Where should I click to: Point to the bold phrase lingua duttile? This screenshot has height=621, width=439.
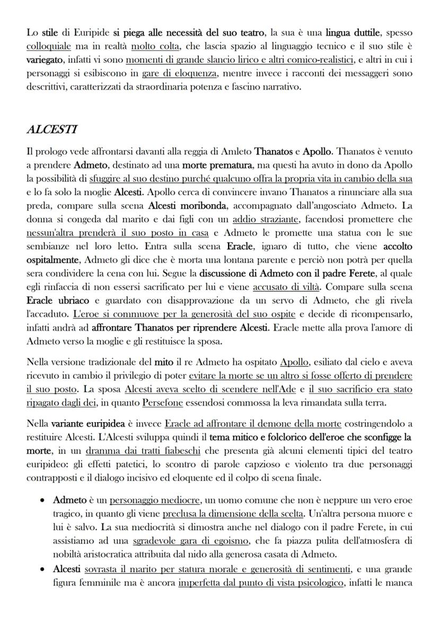pyautogui.click(x=356, y=33)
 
